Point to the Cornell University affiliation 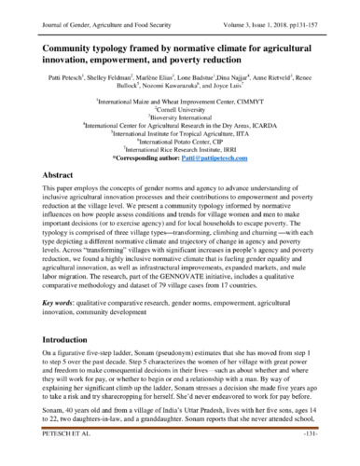178,106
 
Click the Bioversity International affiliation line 178,115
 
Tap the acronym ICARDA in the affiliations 258,123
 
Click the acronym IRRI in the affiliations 237,148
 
